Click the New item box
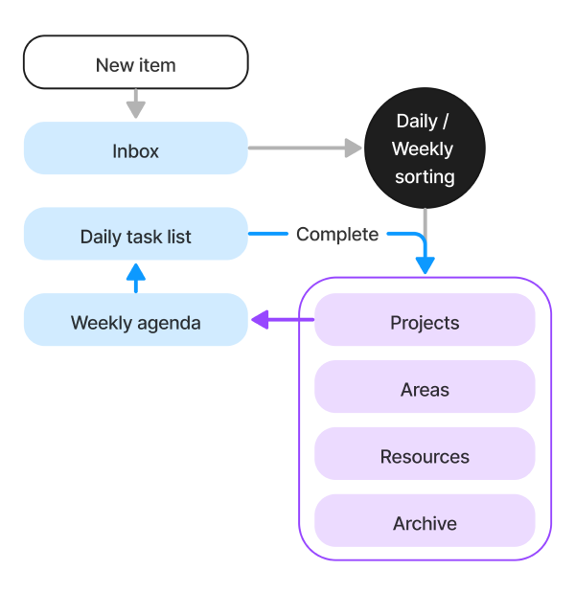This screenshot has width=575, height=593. [x=135, y=63]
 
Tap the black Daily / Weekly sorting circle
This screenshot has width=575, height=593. [x=424, y=148]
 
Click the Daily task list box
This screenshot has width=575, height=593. [x=135, y=235]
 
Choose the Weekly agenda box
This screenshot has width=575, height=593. [x=135, y=321]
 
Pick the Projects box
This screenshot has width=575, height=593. [x=425, y=321]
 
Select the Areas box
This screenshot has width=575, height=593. [x=425, y=388]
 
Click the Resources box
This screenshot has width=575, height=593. [x=425, y=455]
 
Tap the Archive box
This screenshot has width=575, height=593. [x=425, y=522]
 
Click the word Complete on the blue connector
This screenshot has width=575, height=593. [x=336, y=234]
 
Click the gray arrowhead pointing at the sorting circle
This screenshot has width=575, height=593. [x=353, y=148]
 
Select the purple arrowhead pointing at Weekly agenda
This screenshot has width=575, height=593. [x=260, y=321]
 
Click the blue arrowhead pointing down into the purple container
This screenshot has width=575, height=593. [x=425, y=264]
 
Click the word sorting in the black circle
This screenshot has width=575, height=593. [x=424, y=176]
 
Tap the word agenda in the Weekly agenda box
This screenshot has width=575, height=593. [x=169, y=323]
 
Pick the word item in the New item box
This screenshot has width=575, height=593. [x=158, y=65]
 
